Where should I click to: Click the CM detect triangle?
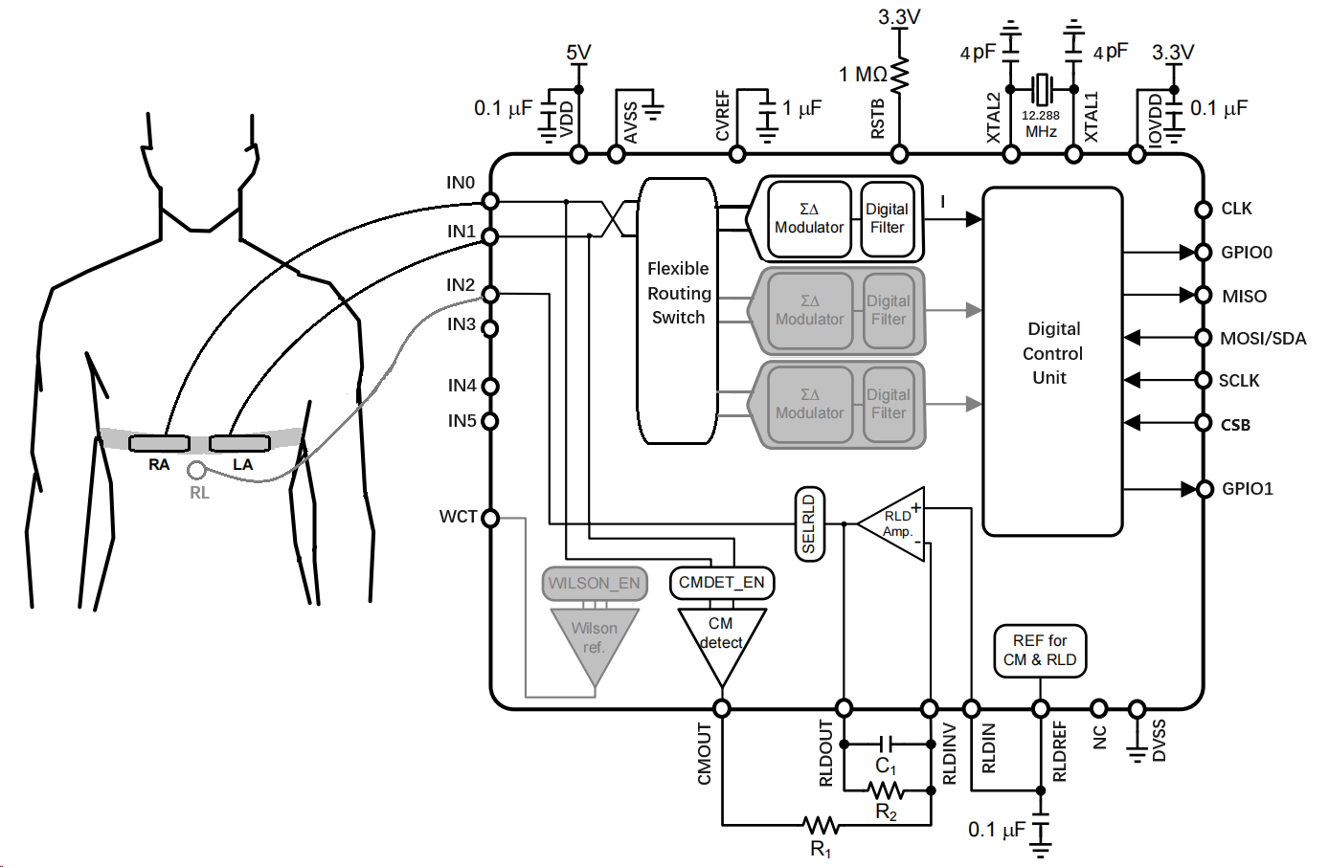coord(722,639)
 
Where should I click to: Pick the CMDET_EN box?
coord(721,583)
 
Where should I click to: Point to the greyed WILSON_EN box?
coord(594,583)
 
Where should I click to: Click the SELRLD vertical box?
coord(809,523)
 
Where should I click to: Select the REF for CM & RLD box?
coord(1040,651)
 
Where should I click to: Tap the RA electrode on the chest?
coord(159,443)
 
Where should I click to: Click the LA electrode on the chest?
coord(239,443)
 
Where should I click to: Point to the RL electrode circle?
coord(196,470)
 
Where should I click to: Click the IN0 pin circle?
coord(490,201)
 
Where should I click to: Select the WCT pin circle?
coord(490,518)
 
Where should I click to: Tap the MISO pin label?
coord(1244,297)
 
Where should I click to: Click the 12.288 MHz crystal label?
coord(1041,123)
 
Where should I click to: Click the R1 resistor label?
coord(821,850)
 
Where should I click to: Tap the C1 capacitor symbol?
coord(887,744)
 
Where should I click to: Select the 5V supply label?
coord(578,53)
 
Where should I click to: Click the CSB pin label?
coord(1235,425)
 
